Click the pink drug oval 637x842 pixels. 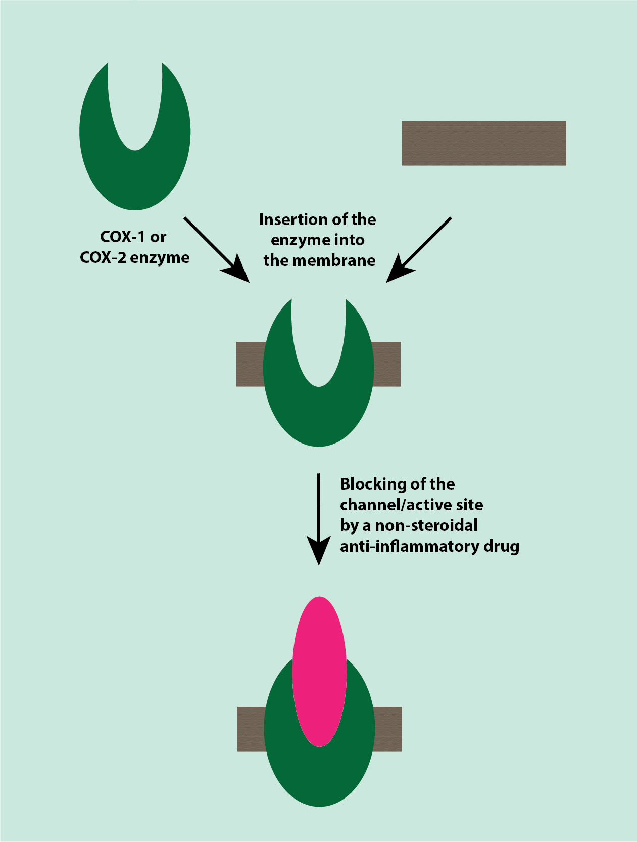[319, 672]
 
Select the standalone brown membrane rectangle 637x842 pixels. [483, 143]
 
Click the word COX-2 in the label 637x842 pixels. [103, 257]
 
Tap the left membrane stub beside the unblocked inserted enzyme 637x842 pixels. [250, 364]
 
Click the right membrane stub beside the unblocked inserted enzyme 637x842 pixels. [387, 364]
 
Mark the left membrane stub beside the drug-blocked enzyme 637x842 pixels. [251, 729]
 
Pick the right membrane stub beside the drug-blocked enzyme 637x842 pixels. [388, 729]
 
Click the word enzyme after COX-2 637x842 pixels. [160, 257]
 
